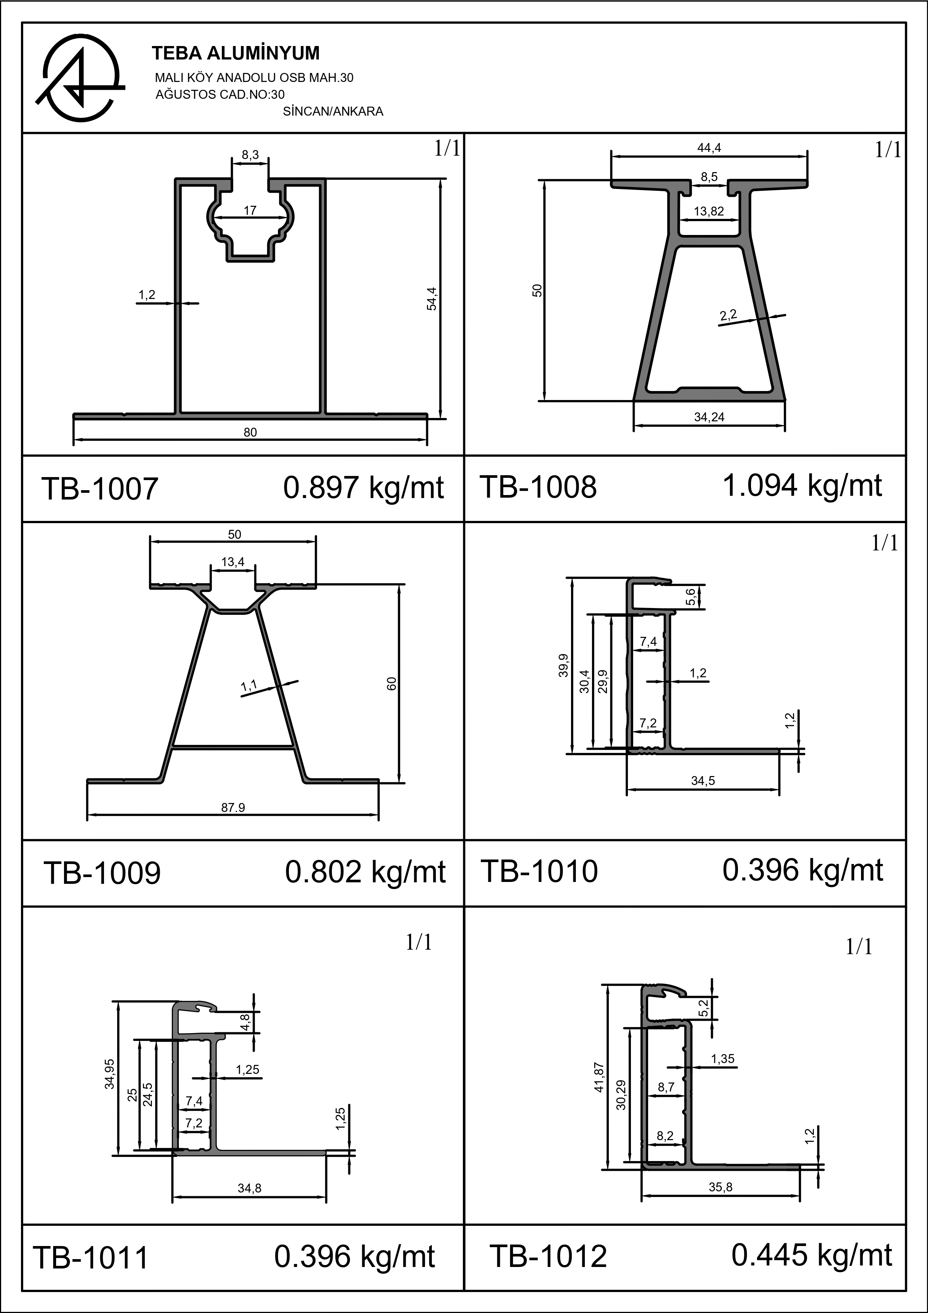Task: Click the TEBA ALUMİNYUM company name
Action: tap(236, 53)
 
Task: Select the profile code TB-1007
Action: tap(100, 489)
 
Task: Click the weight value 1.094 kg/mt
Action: tap(802, 486)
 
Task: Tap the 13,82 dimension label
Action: tap(709, 211)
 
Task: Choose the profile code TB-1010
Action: tap(539, 871)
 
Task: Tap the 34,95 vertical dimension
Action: tap(109, 1074)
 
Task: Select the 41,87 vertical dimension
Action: tap(599, 1077)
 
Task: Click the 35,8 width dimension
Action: tap(720, 1187)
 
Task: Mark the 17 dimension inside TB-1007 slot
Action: tap(250, 210)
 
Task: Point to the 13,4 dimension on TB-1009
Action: tap(233, 562)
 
